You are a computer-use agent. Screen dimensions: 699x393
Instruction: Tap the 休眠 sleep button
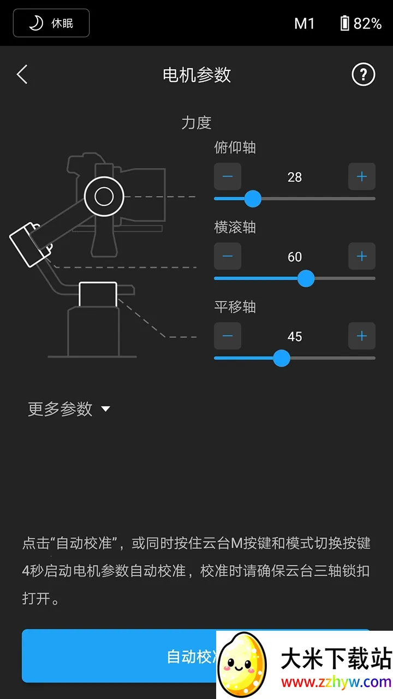pyautogui.click(x=51, y=23)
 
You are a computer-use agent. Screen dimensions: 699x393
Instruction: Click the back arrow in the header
pyautogui.click(x=22, y=74)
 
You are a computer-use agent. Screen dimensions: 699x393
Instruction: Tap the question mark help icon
pyautogui.click(x=363, y=74)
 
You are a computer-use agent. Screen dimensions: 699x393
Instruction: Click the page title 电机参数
pyautogui.click(x=196, y=75)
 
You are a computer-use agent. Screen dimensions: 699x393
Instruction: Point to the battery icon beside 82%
pyautogui.click(x=344, y=23)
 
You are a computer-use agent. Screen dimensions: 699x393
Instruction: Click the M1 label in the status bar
pyautogui.click(x=304, y=23)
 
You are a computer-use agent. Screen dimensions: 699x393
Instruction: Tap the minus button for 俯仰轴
pyautogui.click(x=228, y=176)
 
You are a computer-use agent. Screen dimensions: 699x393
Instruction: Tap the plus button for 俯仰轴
pyautogui.click(x=361, y=176)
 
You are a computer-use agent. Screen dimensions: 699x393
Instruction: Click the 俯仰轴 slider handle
pyautogui.click(x=252, y=199)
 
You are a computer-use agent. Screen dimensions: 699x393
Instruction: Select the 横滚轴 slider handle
pyautogui.click(x=306, y=279)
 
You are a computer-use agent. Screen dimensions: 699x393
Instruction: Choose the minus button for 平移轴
pyautogui.click(x=228, y=336)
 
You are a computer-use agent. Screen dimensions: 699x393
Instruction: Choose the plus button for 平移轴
pyautogui.click(x=361, y=336)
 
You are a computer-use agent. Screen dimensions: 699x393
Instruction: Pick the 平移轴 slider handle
pyautogui.click(x=281, y=358)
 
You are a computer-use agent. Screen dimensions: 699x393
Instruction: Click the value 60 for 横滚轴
pyautogui.click(x=295, y=257)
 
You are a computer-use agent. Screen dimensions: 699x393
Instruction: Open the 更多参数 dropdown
pyautogui.click(x=69, y=409)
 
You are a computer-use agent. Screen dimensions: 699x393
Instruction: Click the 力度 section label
pyautogui.click(x=196, y=122)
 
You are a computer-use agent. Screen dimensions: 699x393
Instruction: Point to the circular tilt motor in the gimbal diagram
pyautogui.click(x=104, y=196)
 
